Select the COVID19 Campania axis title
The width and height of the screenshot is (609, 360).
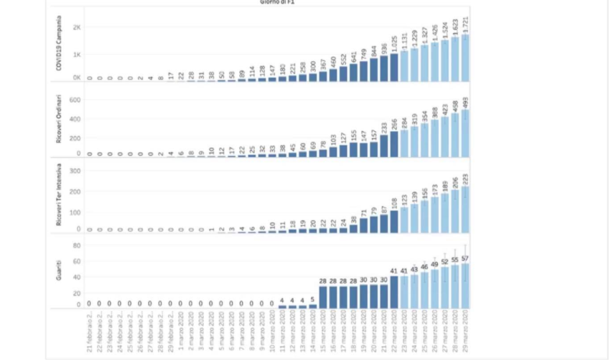tap(59, 44)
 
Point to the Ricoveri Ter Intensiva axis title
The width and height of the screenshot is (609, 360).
tap(59, 198)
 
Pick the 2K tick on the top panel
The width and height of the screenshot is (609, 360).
tap(77, 27)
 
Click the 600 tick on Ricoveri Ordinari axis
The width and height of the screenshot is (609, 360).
tap(74, 100)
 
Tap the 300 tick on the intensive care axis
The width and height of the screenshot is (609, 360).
tap(74, 171)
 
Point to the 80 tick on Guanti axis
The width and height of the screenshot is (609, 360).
tap(75, 245)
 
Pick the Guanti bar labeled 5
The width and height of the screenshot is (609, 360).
tap(313, 306)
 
